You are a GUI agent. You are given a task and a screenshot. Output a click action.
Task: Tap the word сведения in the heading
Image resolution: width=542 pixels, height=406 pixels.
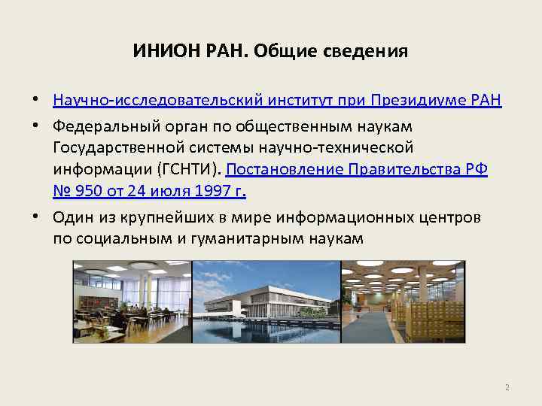click(370, 52)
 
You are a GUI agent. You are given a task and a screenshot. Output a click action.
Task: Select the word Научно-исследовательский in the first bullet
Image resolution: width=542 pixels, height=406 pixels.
click(129, 101)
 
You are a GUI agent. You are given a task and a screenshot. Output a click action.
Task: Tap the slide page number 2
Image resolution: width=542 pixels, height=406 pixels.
click(507, 388)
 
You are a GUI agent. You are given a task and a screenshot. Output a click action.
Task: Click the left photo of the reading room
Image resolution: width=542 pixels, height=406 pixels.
click(132, 301)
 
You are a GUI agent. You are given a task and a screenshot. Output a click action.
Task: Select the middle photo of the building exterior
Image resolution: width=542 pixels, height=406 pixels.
click(266, 301)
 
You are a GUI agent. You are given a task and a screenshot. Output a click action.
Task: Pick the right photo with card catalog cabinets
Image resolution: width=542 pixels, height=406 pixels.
click(403, 301)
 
